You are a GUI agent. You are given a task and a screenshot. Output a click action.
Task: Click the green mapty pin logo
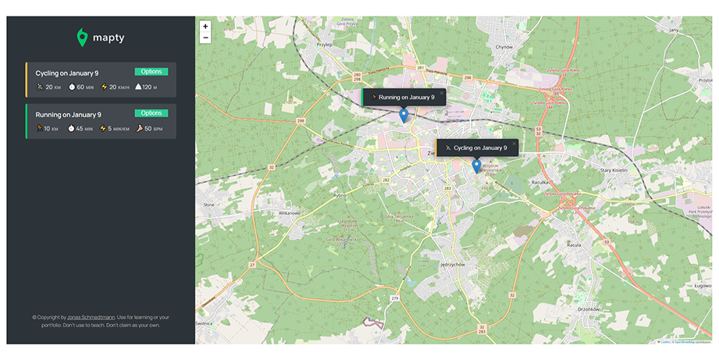click(82, 37)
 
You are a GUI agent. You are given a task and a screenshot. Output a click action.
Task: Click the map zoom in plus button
click(205, 26)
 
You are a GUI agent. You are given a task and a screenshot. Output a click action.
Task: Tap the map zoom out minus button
click(205, 37)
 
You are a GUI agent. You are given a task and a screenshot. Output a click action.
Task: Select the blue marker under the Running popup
click(404, 116)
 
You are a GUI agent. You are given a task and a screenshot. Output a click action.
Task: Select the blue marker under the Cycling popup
click(476, 166)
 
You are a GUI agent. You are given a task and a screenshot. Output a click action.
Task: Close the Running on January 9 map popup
click(441, 93)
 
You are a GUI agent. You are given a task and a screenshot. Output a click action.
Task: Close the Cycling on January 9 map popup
click(514, 143)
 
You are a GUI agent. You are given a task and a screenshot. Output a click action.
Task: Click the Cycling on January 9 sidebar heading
click(67, 73)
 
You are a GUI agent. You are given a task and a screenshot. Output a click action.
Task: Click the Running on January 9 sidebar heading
click(68, 115)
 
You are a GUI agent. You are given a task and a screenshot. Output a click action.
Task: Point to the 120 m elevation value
click(148, 87)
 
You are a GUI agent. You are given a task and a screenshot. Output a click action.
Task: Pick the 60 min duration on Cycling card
click(80, 87)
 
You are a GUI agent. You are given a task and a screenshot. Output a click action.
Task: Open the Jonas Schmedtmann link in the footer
click(91, 317)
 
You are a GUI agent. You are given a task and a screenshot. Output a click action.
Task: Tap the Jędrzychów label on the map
click(452, 264)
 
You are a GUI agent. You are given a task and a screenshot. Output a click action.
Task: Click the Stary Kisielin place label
click(614, 169)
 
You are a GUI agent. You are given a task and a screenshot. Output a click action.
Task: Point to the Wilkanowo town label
click(289, 212)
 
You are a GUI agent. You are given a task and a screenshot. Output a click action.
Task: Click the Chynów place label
click(504, 47)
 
